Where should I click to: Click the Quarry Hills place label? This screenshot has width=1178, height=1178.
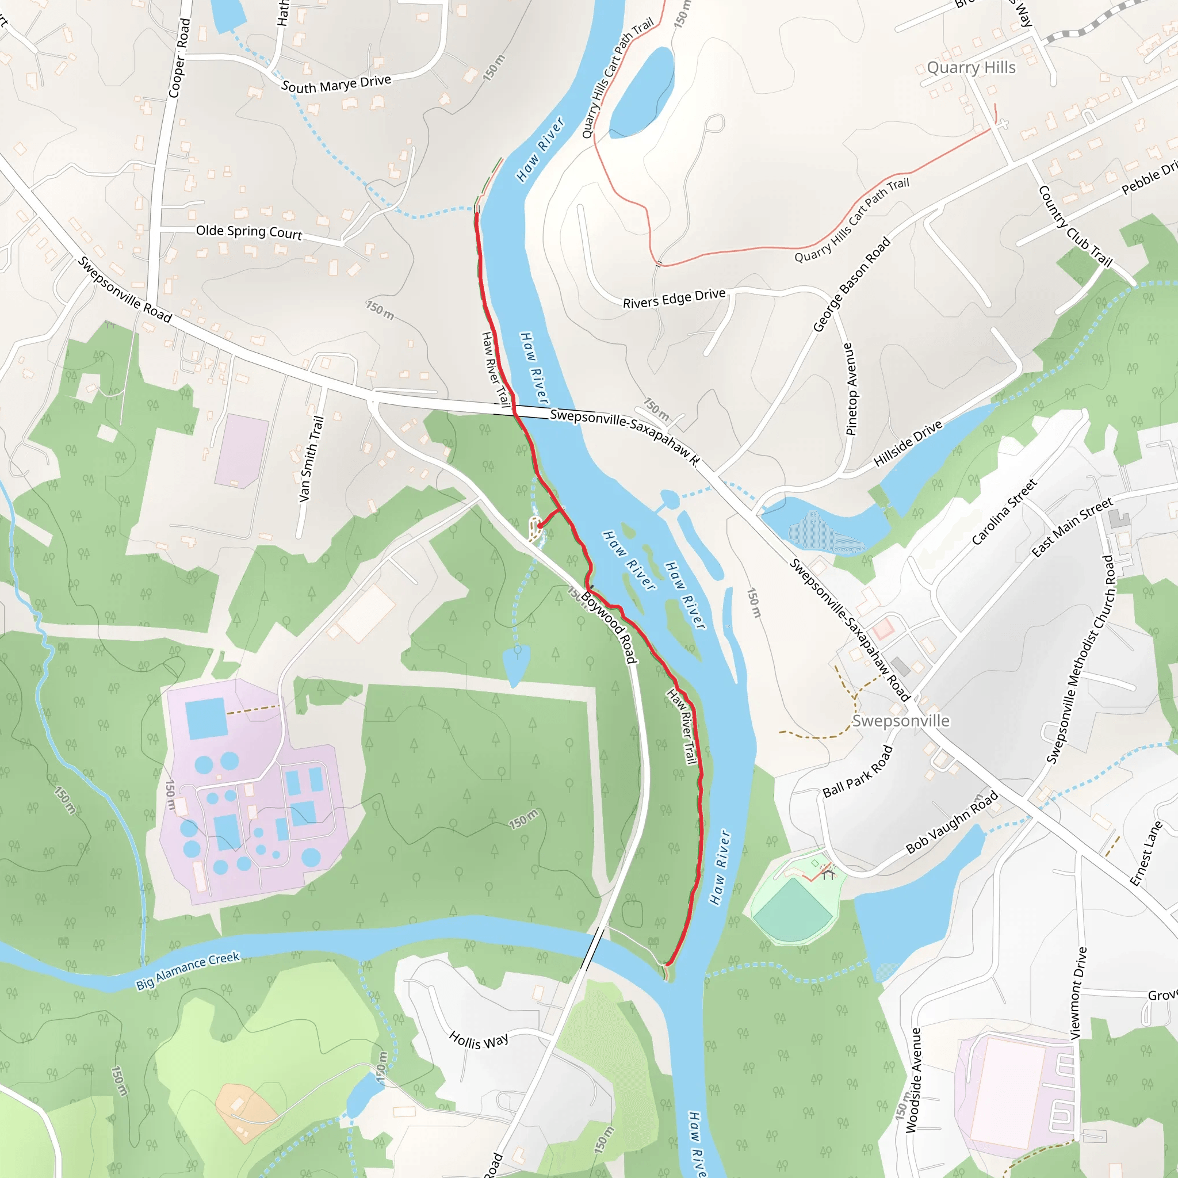pos(972,68)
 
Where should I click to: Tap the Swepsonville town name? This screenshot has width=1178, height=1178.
pos(901,721)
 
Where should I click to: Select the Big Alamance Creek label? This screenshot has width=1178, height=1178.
pos(188,971)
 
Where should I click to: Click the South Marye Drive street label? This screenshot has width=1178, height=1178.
pos(336,83)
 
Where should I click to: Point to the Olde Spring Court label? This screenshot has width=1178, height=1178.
pos(248,232)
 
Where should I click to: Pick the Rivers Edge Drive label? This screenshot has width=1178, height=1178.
pos(674,298)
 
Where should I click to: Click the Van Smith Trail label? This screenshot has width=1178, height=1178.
pos(311,458)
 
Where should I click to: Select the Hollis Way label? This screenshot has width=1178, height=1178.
pos(479,1039)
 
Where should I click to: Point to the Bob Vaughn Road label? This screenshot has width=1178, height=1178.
pos(952,822)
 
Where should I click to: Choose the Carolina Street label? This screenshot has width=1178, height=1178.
pos(1004,511)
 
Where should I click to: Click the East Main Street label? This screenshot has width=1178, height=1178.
pos(1072,527)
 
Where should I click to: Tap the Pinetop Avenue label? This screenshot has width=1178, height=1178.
pos(850,389)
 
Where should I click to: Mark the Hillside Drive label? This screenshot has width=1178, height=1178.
pos(908,443)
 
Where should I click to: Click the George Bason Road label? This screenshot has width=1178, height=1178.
pos(852,284)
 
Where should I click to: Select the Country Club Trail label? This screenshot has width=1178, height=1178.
pos(1075,226)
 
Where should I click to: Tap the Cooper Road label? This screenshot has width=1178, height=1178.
pos(179,58)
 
